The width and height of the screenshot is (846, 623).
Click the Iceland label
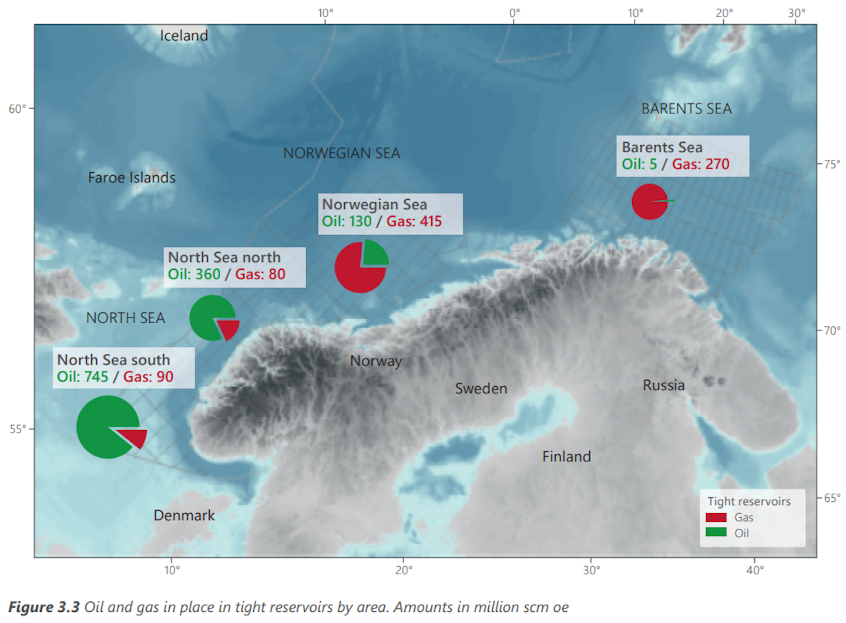tap(184, 36)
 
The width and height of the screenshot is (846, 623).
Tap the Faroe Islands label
tap(132, 177)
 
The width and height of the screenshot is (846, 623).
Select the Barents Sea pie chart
tap(650, 202)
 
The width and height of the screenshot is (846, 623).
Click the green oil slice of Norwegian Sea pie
tap(374, 253)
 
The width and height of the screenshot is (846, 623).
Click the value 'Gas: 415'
tap(414, 222)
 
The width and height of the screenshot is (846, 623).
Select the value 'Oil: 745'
tap(83, 377)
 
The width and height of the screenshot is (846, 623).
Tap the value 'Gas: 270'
tap(700, 164)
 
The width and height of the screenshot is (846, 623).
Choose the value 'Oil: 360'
tap(194, 274)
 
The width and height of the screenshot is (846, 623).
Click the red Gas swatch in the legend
tap(716, 517)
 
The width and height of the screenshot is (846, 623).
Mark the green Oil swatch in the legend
tap(716, 532)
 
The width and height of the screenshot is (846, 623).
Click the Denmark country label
tap(184, 515)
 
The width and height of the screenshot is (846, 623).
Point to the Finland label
tap(566, 457)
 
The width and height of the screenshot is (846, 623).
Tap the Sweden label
tap(481, 388)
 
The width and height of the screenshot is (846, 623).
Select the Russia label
tap(663, 386)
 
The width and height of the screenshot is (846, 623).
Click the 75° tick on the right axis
tap(831, 164)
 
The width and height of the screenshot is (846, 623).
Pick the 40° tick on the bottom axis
tap(755, 569)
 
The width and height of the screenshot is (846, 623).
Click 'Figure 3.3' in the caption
tap(44, 607)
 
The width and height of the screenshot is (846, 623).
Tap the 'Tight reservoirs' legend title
tap(748, 501)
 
